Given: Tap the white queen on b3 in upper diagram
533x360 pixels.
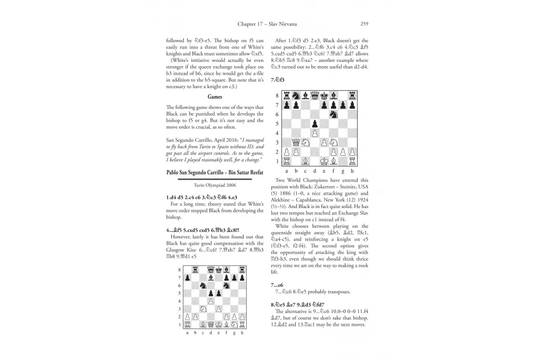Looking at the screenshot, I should tap(296, 142).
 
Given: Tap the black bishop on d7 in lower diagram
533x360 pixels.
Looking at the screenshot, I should tap(213, 277).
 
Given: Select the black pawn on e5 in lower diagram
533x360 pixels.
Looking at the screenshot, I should tap(221, 293).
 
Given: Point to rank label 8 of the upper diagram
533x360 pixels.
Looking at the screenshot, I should tap(277, 96).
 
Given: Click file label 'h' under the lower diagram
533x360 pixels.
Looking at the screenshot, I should tap(242, 333).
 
